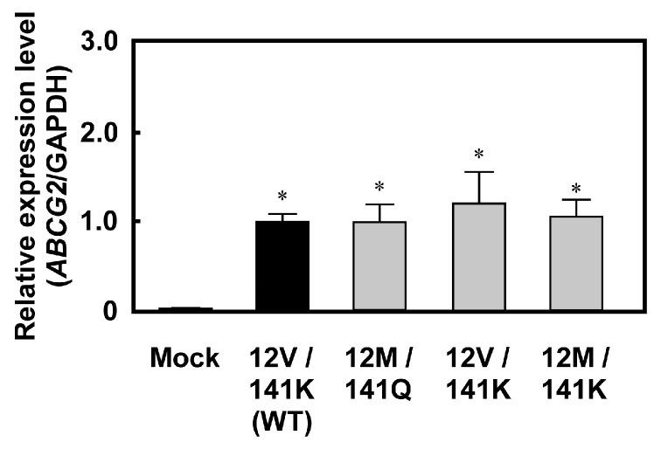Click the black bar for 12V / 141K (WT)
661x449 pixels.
click(x=282, y=266)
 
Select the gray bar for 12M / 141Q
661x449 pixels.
click(x=380, y=266)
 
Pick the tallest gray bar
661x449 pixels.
click(x=478, y=258)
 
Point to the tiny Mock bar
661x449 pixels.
click(x=184, y=308)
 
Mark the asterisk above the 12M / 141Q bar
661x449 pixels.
click(x=380, y=187)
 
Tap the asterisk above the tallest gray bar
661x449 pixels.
click(x=479, y=155)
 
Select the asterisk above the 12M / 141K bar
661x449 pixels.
click(x=576, y=189)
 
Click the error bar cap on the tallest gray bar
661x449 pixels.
click(x=479, y=172)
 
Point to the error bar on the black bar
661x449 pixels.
click(x=282, y=217)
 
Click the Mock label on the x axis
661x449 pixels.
click(x=184, y=358)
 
